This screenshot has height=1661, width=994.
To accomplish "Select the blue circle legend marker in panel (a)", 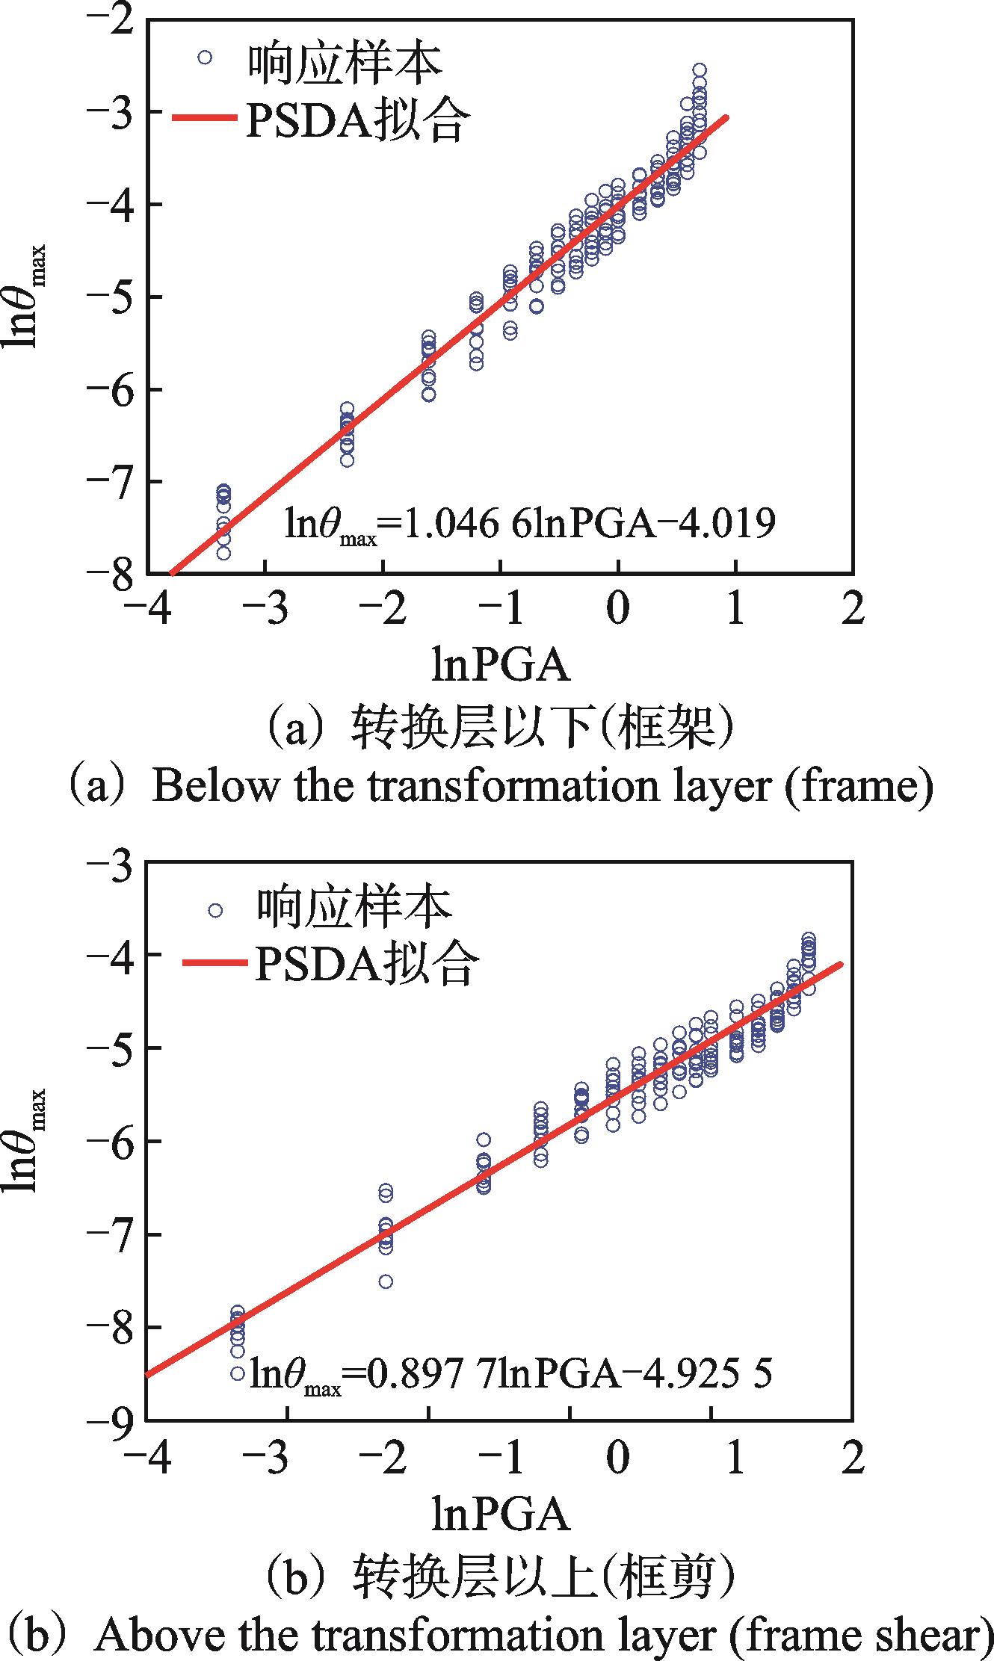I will [x=205, y=57].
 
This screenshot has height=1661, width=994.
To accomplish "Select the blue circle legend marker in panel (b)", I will [x=215, y=910].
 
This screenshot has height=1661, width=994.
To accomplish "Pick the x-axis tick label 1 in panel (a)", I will [x=736, y=610].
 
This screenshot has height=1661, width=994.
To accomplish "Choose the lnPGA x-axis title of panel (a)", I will [x=500, y=665].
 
